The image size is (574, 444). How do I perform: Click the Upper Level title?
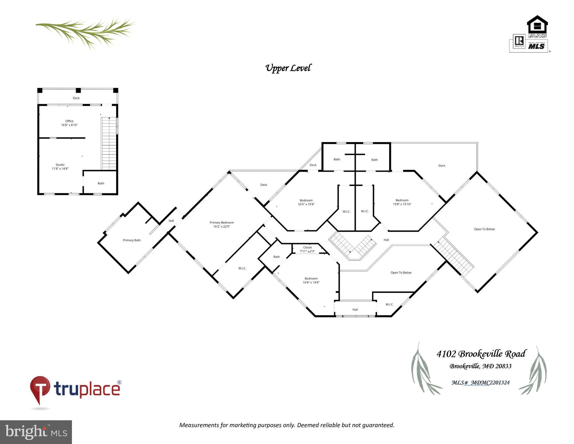click(x=288, y=68)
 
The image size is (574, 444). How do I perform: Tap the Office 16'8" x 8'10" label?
click(x=69, y=123)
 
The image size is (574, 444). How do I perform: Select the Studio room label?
click(x=60, y=167)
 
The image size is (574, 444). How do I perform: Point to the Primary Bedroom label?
click(x=222, y=224)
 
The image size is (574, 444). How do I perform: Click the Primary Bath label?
click(x=132, y=240)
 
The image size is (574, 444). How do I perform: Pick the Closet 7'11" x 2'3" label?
click(x=307, y=249)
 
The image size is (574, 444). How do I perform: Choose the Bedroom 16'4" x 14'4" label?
click(x=311, y=280)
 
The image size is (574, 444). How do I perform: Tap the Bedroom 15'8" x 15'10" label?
click(x=402, y=202)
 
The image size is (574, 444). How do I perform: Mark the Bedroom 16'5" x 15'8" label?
click(x=306, y=202)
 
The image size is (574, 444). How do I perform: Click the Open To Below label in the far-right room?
click(x=484, y=229)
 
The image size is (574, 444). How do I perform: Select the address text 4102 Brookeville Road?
click(x=481, y=354)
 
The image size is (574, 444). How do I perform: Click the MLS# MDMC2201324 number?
click(x=481, y=383)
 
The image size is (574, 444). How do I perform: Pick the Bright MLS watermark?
click(x=36, y=432)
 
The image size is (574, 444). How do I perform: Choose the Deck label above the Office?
click(x=76, y=98)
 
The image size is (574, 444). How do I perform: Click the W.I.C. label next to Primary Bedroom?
click(x=242, y=268)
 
